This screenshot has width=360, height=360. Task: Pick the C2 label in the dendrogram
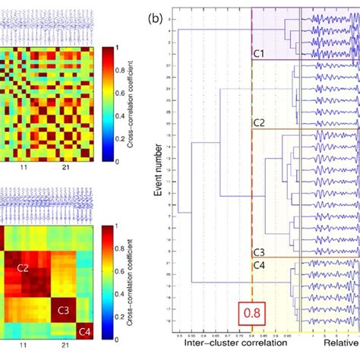[x=258, y=122]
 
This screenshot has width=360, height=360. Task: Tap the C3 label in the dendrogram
[x=258, y=251]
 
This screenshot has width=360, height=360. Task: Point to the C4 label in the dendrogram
[x=258, y=264]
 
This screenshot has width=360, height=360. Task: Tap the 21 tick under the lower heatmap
[x=65, y=346]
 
